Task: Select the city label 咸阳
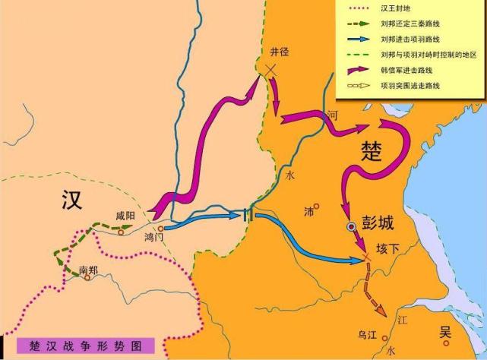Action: point(125,216)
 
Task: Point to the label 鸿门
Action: point(154,237)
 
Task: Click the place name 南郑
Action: point(88,268)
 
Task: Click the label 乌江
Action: point(368,333)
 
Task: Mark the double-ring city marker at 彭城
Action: point(351,226)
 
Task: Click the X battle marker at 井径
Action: point(268,70)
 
